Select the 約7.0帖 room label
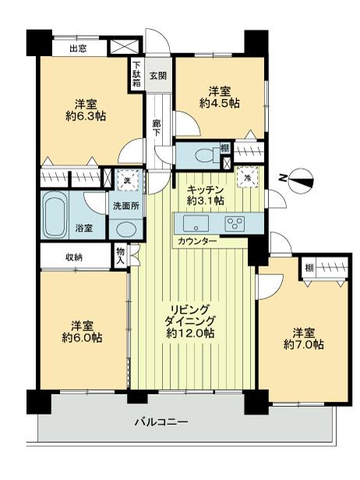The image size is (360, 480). [304, 344]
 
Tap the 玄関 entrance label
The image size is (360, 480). [158, 75]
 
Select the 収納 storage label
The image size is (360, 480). [75, 256]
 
